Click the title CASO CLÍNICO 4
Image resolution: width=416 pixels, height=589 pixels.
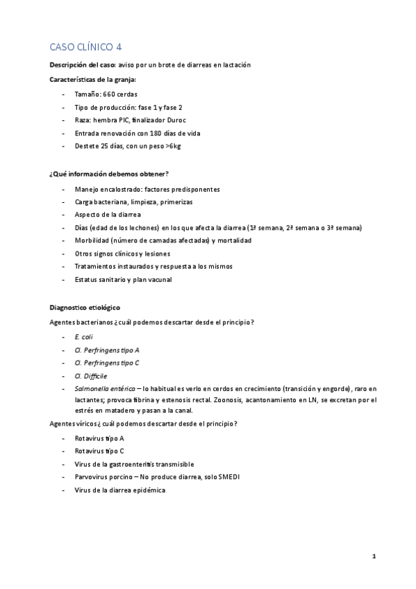point(86,47)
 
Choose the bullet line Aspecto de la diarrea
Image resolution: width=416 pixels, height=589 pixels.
point(107,215)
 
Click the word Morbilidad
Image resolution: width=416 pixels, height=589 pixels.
point(92,240)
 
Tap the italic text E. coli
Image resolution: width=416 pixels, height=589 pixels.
point(83,337)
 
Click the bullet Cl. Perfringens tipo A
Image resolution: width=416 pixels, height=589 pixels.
point(106,350)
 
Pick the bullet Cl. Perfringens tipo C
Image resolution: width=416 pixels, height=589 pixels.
point(106,363)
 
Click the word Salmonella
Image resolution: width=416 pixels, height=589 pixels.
point(93,388)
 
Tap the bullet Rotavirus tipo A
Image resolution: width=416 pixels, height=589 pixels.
point(99,439)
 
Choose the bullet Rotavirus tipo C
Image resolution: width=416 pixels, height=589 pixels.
point(99,451)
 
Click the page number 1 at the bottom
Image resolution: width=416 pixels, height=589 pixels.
point(374,556)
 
